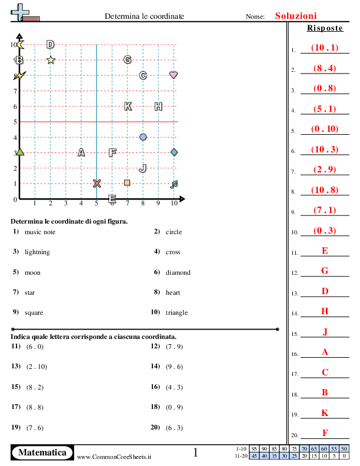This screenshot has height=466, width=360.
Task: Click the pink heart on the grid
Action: pyautogui.click(x=174, y=75)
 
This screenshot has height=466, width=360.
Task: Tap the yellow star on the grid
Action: pyautogui.click(x=51, y=59)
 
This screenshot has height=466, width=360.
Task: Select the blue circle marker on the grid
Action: pyautogui.click(x=143, y=137)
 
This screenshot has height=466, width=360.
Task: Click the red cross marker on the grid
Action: pyautogui.click(x=96, y=183)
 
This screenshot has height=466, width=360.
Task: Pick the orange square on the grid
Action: pyautogui.click(x=127, y=182)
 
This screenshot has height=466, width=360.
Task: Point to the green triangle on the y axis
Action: pyautogui.click(x=19, y=152)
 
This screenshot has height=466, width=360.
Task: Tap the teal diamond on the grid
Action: pyautogui.click(x=174, y=152)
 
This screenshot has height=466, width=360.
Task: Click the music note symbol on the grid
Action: pyautogui.click(x=174, y=184)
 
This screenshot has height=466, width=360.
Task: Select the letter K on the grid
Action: pyautogui.click(x=128, y=106)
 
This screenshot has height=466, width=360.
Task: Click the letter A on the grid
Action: pyautogui.click(x=81, y=152)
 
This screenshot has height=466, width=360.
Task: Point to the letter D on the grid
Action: pyautogui.click(x=50, y=44)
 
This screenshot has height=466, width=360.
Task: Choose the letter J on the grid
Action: pyautogui.click(x=142, y=168)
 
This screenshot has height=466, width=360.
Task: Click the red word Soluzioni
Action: pyautogui.click(x=296, y=16)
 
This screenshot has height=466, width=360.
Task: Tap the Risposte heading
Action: pyautogui.click(x=324, y=28)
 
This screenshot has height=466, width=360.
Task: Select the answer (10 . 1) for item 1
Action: pyautogui.click(x=325, y=48)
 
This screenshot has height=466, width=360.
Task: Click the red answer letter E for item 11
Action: pyautogui.click(x=325, y=251)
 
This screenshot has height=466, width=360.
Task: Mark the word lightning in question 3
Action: pyautogui.click(x=37, y=252)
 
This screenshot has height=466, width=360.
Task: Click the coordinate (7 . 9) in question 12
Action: pyautogui.click(x=175, y=346)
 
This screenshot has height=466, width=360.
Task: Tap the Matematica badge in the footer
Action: pyautogui.click(x=42, y=452)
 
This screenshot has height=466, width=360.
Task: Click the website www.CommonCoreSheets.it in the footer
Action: pyautogui.click(x=114, y=456)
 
